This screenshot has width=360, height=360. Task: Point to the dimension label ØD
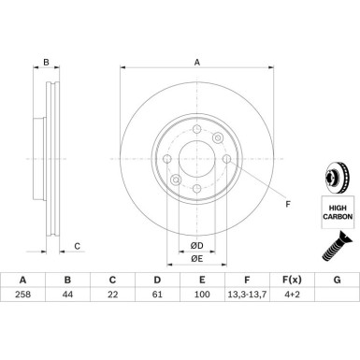(x=196, y=245)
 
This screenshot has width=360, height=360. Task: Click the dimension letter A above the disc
(x=196, y=64)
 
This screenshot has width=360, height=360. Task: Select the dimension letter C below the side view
(x=78, y=246)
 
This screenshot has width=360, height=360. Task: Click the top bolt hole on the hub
(x=195, y=129)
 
